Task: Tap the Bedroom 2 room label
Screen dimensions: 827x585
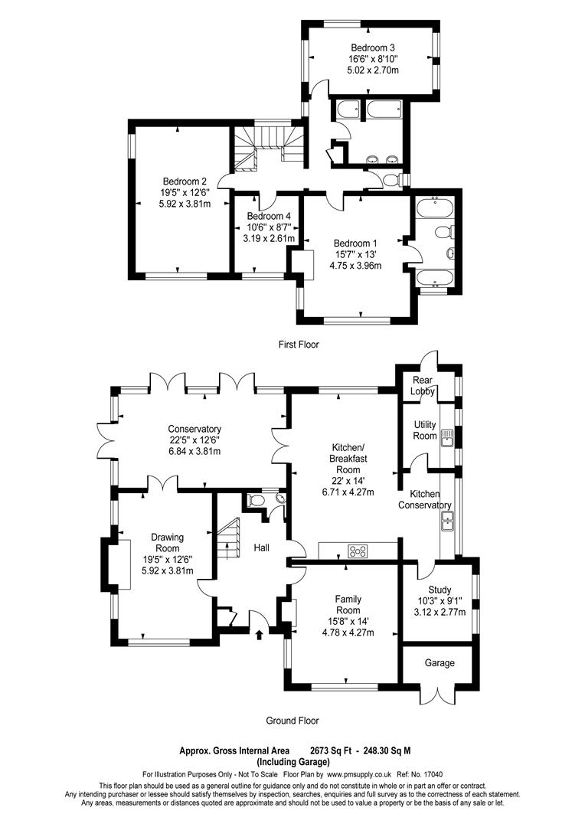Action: pyautogui.click(x=184, y=181)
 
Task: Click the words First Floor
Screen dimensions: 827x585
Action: pyautogui.click(x=299, y=345)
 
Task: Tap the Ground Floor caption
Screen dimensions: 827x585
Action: pyautogui.click(x=292, y=721)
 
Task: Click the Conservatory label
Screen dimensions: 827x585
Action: pyautogui.click(x=195, y=429)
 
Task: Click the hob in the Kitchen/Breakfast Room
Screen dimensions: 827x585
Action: pyautogui.click(x=357, y=550)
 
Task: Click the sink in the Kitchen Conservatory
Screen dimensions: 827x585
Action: pyautogui.click(x=446, y=521)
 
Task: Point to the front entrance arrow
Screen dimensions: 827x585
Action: pyautogui.click(x=258, y=634)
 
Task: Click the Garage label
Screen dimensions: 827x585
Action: pyautogui.click(x=440, y=663)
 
